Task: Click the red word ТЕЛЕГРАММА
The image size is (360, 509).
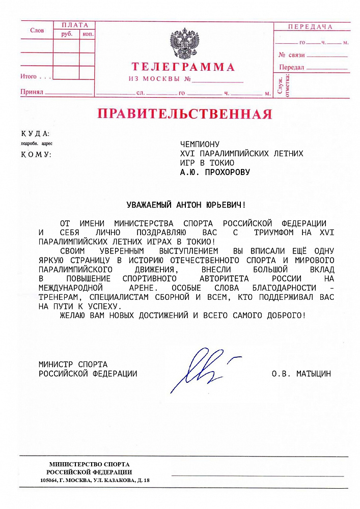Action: click(x=183, y=67)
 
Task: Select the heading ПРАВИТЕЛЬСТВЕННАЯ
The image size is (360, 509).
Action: click(x=185, y=114)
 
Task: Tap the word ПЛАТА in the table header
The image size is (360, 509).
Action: click(x=75, y=25)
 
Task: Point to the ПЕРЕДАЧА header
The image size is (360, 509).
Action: click(x=310, y=27)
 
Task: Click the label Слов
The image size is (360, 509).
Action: click(x=37, y=31)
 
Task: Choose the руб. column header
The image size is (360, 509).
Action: click(x=67, y=34)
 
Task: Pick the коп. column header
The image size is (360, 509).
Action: click(x=88, y=34)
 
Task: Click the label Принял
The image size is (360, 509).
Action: click(x=31, y=92)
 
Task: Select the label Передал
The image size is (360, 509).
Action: click(x=292, y=67)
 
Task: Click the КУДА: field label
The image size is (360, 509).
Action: click(x=35, y=134)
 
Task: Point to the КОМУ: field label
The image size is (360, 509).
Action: click(x=36, y=154)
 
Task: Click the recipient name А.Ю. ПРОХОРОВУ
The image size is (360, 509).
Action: click(x=215, y=172)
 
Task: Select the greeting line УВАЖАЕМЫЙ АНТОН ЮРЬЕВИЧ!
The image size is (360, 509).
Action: click(x=186, y=205)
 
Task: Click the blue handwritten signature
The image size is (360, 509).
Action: click(x=201, y=369)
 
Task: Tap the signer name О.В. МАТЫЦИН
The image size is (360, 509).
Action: click(x=301, y=374)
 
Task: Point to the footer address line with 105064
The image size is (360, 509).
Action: click(x=95, y=480)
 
